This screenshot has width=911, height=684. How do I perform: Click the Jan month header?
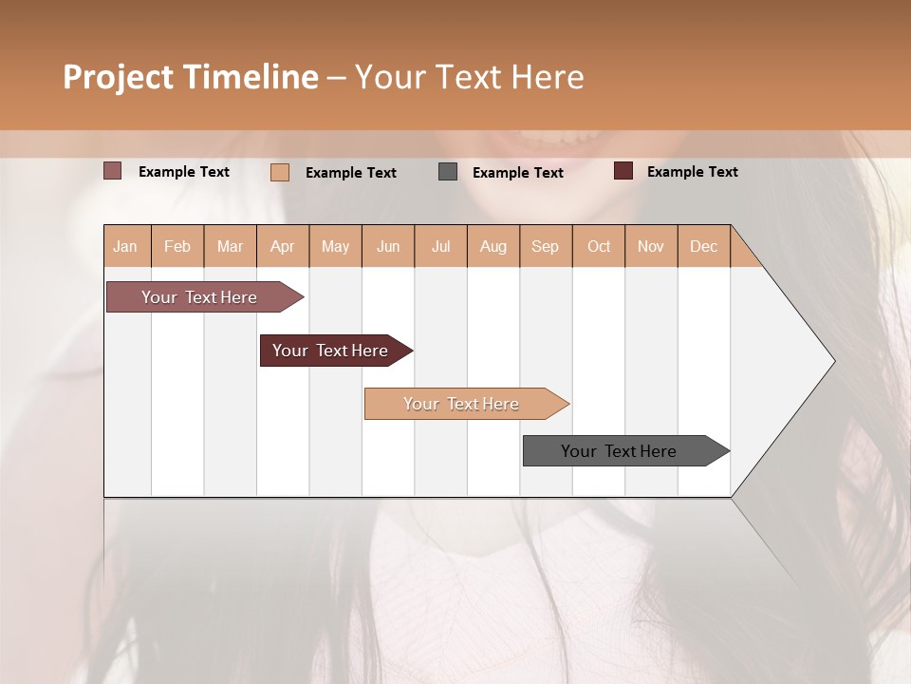tap(126, 246)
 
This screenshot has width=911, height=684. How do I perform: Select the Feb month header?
tap(177, 246)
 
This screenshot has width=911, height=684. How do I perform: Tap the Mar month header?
tap(230, 246)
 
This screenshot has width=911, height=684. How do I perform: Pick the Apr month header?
tap(283, 246)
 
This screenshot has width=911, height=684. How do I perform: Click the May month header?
tap(335, 246)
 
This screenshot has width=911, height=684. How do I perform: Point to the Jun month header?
tap(388, 246)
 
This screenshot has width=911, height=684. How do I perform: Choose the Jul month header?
tap(440, 246)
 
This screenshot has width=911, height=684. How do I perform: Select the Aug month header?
tap(493, 246)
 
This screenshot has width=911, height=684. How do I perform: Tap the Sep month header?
tap(546, 246)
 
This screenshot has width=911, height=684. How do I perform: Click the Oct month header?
tap(599, 246)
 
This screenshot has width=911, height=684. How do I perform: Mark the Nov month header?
tap(651, 246)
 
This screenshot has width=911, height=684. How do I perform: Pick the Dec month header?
tap(703, 246)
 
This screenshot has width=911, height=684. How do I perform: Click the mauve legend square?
tap(112, 171)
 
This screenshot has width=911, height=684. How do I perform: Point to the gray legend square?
tap(448, 171)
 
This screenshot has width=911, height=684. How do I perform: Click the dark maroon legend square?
tap(623, 171)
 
